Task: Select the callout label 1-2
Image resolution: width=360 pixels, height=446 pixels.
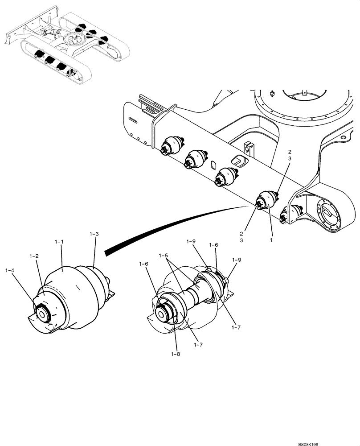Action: coord(34,256)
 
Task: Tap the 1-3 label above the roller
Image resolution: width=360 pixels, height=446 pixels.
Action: coord(94,234)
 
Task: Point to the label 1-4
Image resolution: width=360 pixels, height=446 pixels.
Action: coord(10,270)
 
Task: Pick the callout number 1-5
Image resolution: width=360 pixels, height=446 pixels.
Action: coord(164,256)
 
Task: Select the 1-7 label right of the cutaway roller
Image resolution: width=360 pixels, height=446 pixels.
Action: coord(236,327)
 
